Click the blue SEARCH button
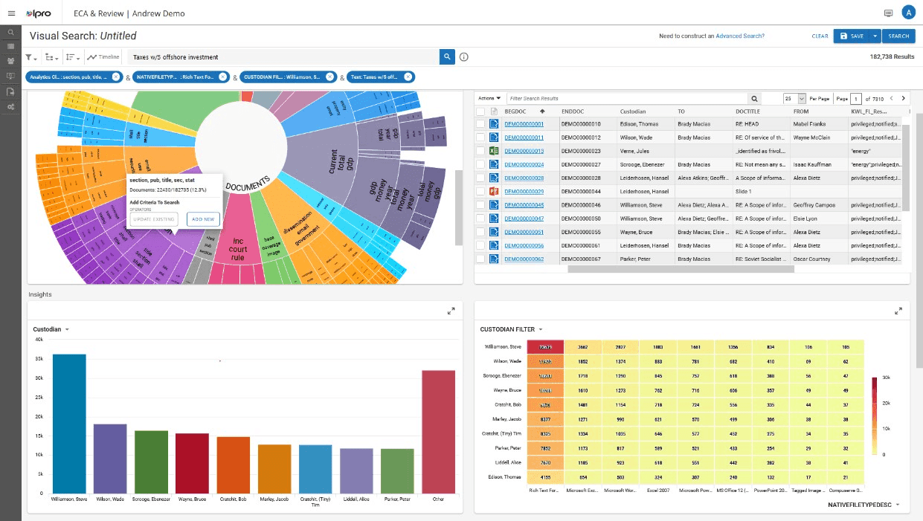point(898,36)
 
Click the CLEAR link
point(820,36)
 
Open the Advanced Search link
point(739,36)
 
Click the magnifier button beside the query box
point(447,56)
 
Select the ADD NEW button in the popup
point(203,219)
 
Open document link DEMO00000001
point(524,124)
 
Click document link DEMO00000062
point(524,259)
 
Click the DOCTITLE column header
point(747,111)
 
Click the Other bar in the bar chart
point(438,431)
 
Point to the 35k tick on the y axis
point(39,358)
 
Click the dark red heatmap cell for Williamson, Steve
point(545,346)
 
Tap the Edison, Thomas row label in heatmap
point(504,476)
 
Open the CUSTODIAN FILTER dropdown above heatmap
point(512,329)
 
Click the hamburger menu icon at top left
point(11,13)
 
